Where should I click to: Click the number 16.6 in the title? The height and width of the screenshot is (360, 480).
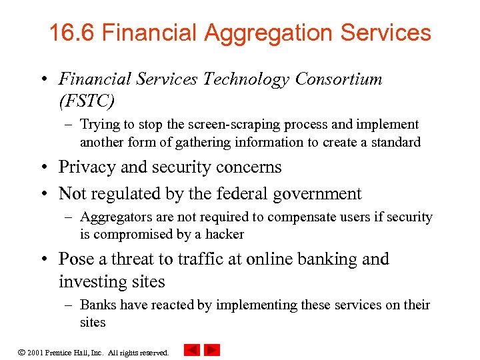click(71, 33)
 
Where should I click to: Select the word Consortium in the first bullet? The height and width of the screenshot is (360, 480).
click(339, 79)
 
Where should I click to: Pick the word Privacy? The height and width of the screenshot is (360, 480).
click(85, 167)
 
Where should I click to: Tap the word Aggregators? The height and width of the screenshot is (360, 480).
click(116, 217)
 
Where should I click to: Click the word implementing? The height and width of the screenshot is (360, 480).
click(248, 305)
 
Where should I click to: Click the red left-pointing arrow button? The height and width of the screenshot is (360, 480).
click(191, 350)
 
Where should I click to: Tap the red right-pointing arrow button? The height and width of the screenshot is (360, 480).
click(212, 350)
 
